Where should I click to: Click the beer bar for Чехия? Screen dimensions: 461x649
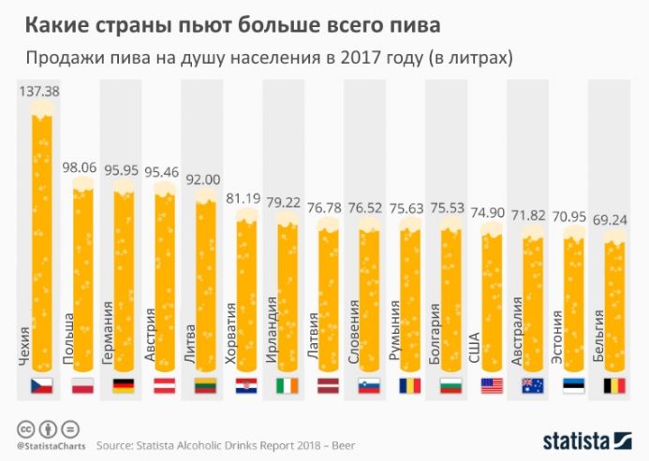[x=42, y=234]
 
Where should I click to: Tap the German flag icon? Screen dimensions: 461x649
[x=125, y=385]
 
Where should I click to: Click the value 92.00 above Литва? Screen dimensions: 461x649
[x=205, y=180]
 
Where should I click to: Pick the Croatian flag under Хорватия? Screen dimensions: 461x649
[x=246, y=385]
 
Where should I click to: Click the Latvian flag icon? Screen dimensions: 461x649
[x=328, y=385]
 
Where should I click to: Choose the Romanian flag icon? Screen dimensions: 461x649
[x=409, y=385]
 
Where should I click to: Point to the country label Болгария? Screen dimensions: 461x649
[x=434, y=333]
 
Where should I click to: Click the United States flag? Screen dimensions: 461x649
[x=492, y=385]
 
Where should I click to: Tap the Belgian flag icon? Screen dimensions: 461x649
[x=612, y=385]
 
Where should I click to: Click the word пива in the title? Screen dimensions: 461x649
[x=417, y=20]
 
